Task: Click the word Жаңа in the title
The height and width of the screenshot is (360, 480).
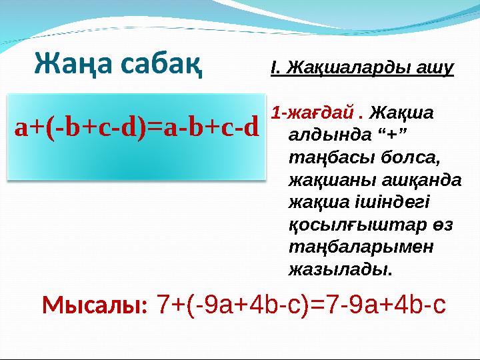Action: (74, 65)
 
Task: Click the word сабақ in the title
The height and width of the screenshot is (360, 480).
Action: (161, 65)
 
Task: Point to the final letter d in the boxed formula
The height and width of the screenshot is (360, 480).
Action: (251, 127)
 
